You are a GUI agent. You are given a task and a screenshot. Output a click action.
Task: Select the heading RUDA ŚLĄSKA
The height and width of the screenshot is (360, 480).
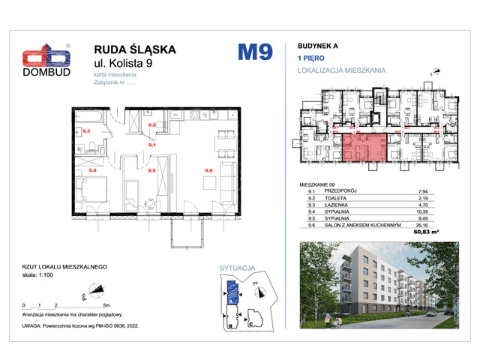pyautogui.click(x=135, y=49)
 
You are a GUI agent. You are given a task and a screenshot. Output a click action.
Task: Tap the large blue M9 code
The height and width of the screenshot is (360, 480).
pyautogui.click(x=255, y=52)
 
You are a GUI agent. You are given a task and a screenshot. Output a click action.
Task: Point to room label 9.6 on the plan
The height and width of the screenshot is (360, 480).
pyautogui.click(x=208, y=171)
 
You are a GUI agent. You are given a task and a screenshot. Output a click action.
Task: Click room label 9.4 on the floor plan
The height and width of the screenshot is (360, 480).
pyautogui.click(x=92, y=171)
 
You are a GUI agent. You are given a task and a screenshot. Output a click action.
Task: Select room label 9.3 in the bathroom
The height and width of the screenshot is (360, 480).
pyautogui.click(x=85, y=131)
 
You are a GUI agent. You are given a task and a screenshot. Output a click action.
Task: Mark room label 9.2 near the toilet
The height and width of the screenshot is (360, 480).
pyautogui.click(x=151, y=125)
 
